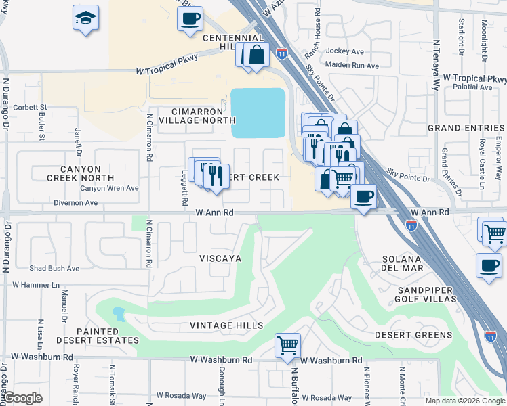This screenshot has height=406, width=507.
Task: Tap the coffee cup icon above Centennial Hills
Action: point(190,18)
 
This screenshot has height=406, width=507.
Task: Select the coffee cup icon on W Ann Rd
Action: point(363,197)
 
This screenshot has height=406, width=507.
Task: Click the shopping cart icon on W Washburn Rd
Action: point(287,345)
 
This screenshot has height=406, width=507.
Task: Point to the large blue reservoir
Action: point(258,112)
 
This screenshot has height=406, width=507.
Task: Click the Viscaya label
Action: point(220,259)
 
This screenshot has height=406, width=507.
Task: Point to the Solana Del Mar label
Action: point(403,264)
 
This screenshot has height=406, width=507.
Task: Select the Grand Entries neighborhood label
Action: point(466,128)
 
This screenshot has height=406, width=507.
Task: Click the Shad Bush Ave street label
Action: point(54,268)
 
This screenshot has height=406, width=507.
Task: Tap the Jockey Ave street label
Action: point(344,51)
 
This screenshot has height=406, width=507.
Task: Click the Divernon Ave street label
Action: point(71,202)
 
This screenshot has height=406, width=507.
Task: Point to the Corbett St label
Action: point(29,107)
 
